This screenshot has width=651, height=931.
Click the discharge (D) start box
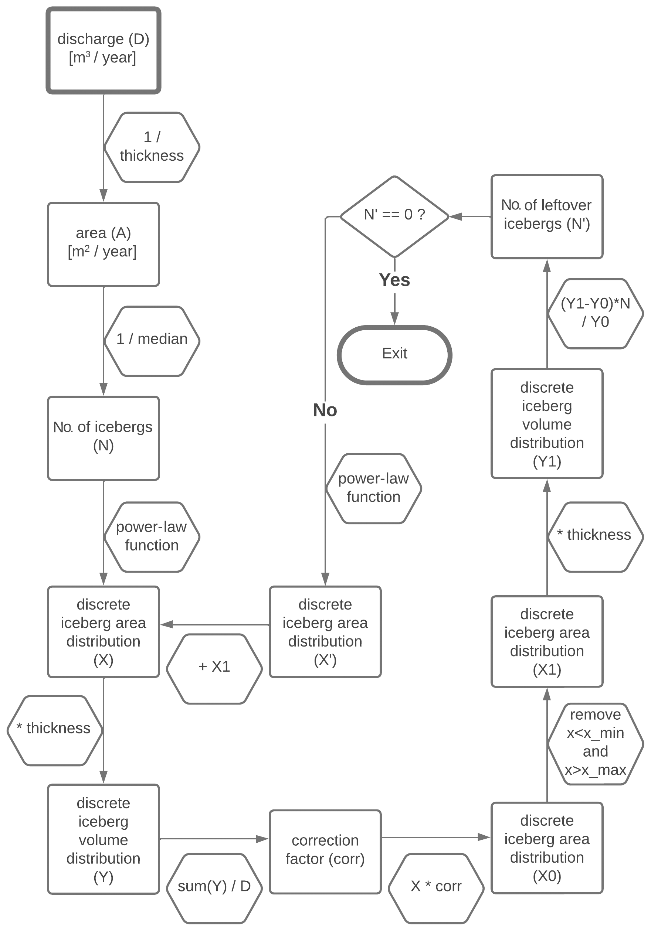tap(104, 50)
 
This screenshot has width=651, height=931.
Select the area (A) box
tap(104, 245)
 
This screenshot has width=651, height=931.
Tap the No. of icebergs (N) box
tap(104, 438)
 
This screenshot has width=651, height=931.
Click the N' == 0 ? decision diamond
tap(394, 216)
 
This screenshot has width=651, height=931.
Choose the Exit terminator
tap(394, 354)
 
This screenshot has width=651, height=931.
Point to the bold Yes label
tap(394, 280)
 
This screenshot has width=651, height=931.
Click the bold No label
tap(325, 410)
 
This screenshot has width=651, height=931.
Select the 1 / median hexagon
tap(152, 341)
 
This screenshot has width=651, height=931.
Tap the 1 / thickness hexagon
tap(152, 147)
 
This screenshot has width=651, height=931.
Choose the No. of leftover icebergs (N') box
tap(547, 216)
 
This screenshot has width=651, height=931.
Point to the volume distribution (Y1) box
tap(547, 423)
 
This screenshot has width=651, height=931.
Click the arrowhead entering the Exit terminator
tap(394, 318)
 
